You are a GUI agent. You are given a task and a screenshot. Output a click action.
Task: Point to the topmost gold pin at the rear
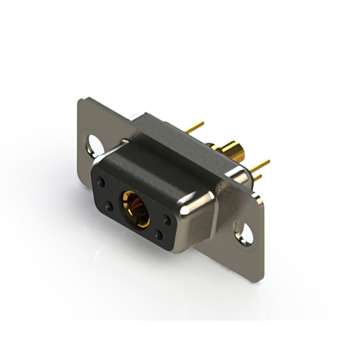pos(195,128)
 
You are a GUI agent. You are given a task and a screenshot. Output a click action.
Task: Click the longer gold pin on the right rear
pos(259,165)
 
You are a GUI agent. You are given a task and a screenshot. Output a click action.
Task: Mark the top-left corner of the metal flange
pos(80,100)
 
